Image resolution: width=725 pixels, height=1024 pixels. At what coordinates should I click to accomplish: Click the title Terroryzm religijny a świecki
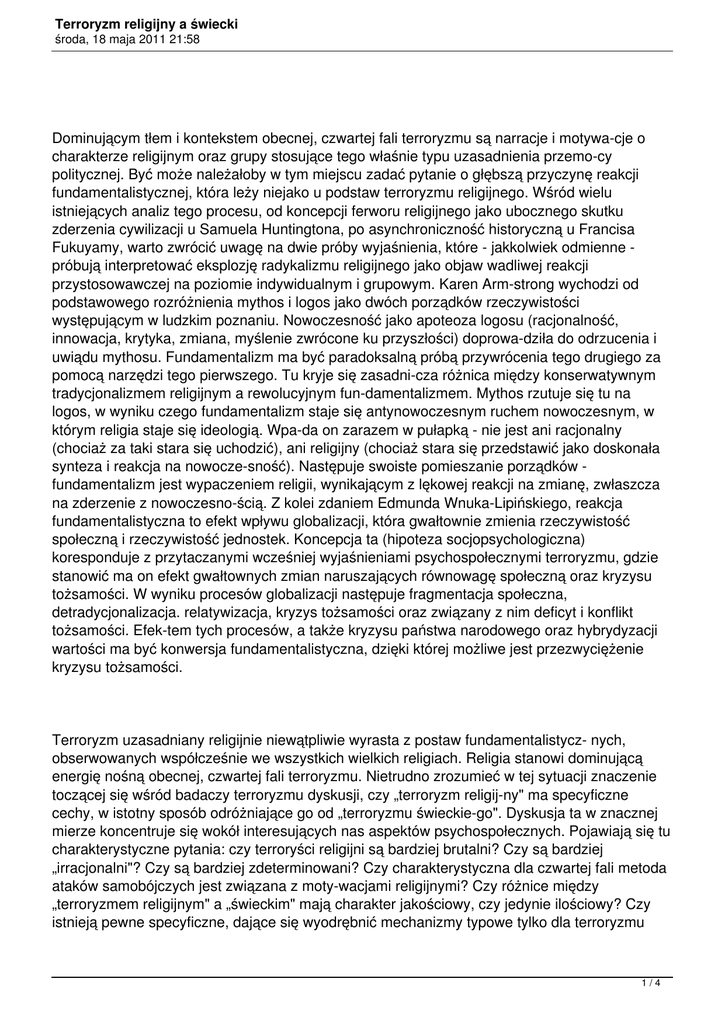pos(146,22)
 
